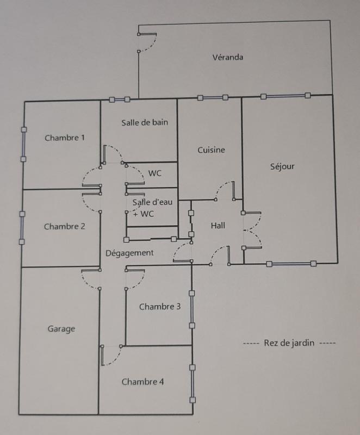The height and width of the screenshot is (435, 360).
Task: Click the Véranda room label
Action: [228, 57]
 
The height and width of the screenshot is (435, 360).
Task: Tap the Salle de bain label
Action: [144, 122]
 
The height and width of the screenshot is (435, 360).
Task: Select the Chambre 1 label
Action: [65, 138]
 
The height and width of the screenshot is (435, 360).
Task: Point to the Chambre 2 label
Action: [64, 226]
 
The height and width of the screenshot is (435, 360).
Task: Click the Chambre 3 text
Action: [160, 307]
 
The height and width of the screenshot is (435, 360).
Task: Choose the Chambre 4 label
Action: [142, 382]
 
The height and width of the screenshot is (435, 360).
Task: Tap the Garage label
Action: [61, 329]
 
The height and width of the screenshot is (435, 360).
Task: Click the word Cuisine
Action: [211, 150]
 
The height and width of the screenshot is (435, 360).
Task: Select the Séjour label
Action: [282, 166]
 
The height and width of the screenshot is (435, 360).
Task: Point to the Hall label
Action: [218, 226]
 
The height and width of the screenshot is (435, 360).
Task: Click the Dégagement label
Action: [129, 253]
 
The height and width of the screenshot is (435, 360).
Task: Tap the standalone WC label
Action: [155, 174]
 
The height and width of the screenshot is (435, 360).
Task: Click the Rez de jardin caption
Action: [289, 343]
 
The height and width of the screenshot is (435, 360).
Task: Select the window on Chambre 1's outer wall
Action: [23, 144]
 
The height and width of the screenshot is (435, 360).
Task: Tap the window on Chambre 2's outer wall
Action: [22, 228]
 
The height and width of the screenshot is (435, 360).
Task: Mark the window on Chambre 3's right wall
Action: [192, 309]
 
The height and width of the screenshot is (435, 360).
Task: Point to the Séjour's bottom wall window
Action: [291, 264]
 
